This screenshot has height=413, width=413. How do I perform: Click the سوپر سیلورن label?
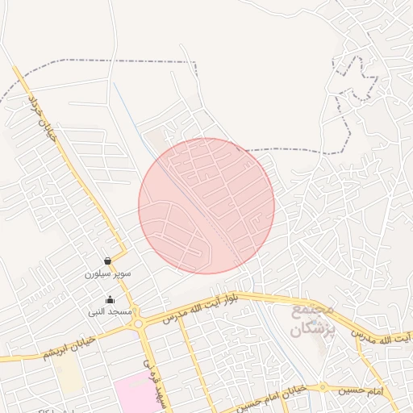click(x=107, y=274)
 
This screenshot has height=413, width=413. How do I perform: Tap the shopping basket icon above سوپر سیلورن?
click(x=107, y=261)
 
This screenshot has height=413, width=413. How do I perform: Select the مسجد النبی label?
click(x=110, y=311)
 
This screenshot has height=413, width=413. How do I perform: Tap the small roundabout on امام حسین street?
click(x=323, y=387)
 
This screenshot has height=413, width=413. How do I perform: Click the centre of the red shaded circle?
click(x=206, y=206)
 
